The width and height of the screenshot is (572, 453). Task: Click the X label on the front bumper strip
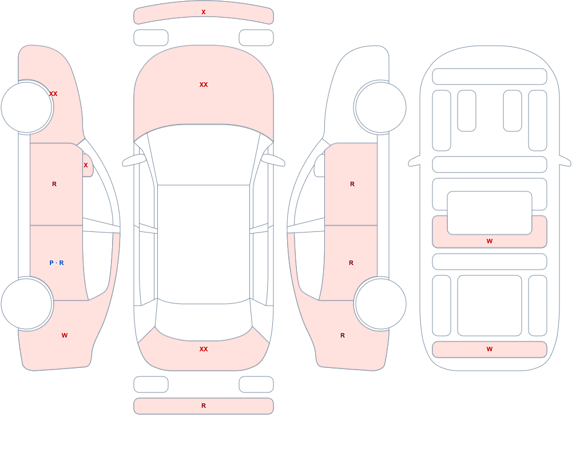pos(204,12)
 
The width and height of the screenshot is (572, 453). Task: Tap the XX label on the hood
pos(204,85)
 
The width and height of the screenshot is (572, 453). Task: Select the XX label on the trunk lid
pos(204,349)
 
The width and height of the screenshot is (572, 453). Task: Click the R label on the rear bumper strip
pos(204,406)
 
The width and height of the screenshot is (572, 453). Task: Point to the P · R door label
pos(57,263)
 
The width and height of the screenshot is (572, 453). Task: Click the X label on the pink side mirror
pos(86,165)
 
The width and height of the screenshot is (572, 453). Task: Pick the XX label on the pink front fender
pos(53,94)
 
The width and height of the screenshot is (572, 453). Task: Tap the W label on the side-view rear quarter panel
pos(65,335)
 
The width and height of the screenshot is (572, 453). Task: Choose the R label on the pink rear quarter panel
pos(343,335)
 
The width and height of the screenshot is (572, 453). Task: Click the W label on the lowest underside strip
pos(490,349)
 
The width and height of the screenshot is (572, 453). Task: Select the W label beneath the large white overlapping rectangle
pos(490,241)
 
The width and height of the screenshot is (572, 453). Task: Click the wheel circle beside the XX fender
pos(27,107)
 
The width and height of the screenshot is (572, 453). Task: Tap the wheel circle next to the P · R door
pos(27,303)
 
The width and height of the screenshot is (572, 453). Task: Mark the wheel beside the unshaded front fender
pos(380,107)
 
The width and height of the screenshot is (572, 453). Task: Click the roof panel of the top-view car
pos(204,244)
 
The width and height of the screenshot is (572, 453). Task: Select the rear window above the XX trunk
pos(204,320)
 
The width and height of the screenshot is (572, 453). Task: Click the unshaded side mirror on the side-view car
pos(320,166)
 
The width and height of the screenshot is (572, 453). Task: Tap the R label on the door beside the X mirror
pos(54,184)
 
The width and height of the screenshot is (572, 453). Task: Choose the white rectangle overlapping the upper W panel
pos(490,213)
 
